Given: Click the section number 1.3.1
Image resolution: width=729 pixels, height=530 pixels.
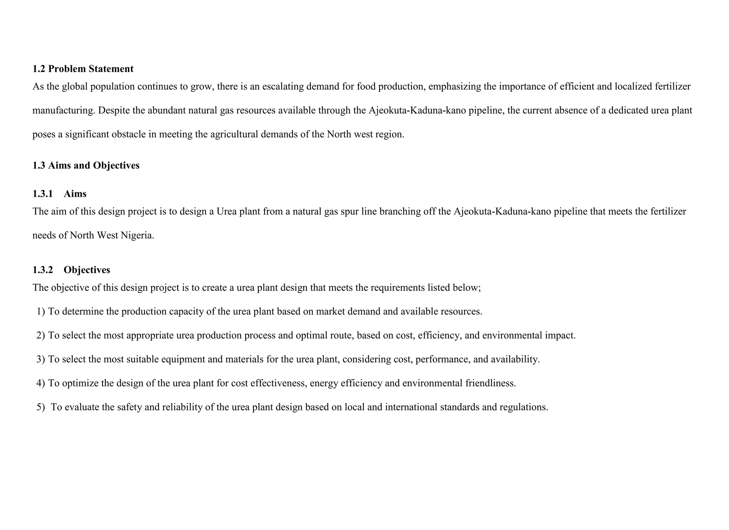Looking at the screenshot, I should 42,194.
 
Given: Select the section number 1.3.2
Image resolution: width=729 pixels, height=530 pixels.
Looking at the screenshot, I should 42,270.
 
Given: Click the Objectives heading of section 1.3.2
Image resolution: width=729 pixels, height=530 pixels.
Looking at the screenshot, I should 87,270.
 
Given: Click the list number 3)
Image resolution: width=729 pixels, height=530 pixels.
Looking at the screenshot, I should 41,359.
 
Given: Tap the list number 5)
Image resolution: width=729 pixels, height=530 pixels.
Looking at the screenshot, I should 41,407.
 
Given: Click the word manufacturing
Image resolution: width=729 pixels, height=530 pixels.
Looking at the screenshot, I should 64,110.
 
